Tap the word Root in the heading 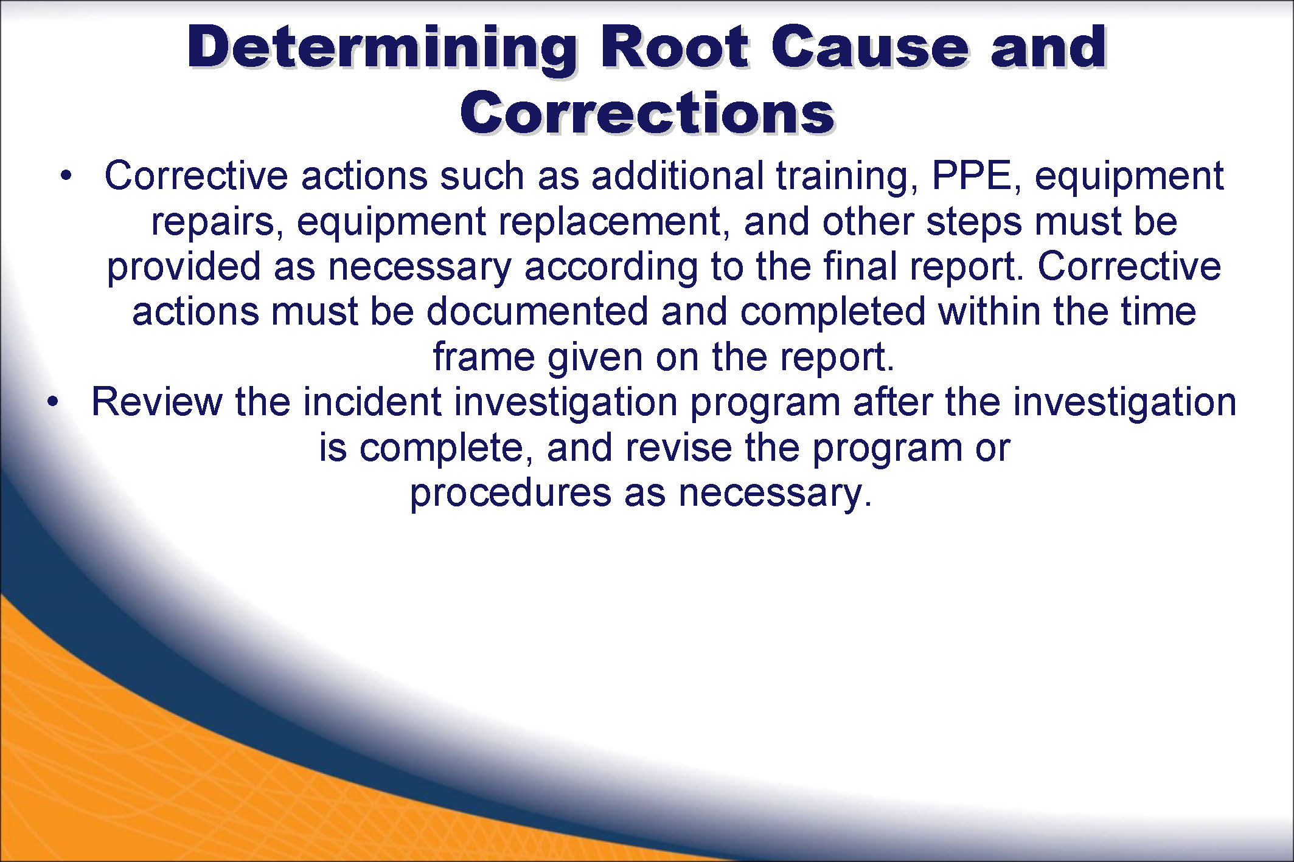tap(675, 47)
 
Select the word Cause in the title tap(871, 47)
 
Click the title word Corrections tap(647, 112)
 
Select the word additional tap(677, 176)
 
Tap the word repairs tap(217, 224)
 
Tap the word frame tap(483, 357)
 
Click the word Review tap(157, 402)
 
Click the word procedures tap(510, 494)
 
